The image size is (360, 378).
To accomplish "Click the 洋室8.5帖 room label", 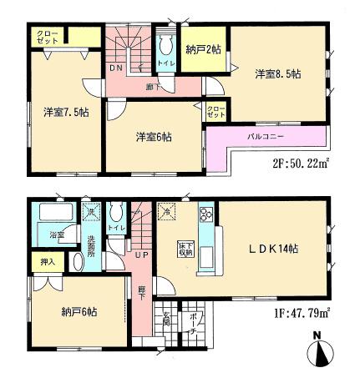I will (x=277, y=74).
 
